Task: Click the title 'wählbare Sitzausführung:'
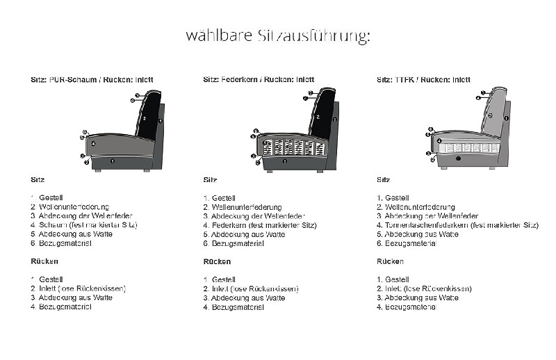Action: point(278,35)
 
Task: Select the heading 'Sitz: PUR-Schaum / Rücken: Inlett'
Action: point(92,79)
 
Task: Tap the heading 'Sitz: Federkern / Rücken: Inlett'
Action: point(259,79)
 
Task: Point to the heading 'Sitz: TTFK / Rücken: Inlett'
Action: point(423,79)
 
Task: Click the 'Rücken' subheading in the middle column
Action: point(217,262)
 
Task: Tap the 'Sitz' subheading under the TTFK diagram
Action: point(383,179)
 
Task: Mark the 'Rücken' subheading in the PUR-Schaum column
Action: point(44,261)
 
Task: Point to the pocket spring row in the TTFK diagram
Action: point(468,147)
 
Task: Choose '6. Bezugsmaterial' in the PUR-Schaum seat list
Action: point(65,243)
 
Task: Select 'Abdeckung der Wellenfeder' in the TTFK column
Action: point(424,216)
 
